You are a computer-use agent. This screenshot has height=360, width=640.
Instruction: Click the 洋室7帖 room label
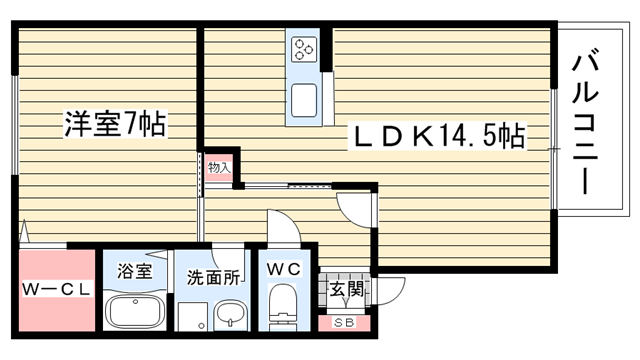(115, 123)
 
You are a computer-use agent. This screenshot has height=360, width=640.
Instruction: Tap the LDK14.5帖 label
(438, 136)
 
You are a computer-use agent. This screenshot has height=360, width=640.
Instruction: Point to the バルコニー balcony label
(585, 121)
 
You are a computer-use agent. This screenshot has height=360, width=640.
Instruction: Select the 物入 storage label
(220, 167)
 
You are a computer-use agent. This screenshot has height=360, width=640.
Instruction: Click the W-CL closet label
(56, 289)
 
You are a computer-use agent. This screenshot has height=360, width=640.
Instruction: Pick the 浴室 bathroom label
(135, 271)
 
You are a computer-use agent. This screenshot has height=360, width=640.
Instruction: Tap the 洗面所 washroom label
(213, 278)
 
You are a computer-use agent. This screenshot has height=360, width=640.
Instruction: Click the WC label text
(284, 269)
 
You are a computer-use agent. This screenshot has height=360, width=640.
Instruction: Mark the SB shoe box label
(344, 323)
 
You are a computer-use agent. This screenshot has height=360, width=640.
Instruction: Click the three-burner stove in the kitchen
(304, 49)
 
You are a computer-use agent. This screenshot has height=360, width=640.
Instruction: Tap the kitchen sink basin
(304, 100)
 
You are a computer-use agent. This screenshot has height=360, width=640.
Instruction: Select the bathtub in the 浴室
(135, 311)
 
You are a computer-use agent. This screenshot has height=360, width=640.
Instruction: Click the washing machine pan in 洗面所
(192, 316)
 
